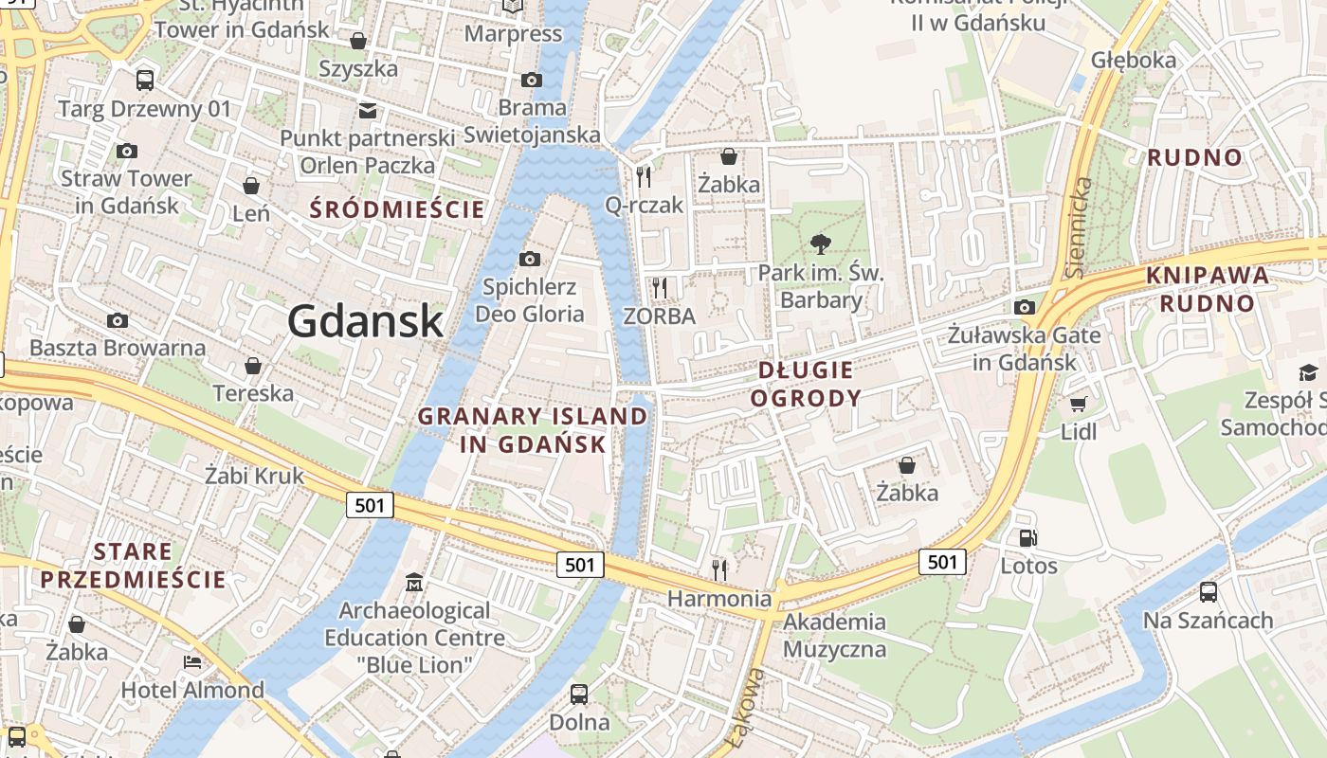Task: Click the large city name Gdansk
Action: pyautogui.click(x=366, y=320)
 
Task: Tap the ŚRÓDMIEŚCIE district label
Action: pyautogui.click(x=398, y=209)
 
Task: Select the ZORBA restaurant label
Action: pyautogui.click(x=660, y=316)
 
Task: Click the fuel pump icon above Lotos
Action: pyautogui.click(x=1028, y=538)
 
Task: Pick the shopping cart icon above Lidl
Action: pyautogui.click(x=1078, y=405)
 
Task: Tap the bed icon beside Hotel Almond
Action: pyautogui.click(x=192, y=661)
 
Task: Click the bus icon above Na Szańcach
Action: pyautogui.click(x=1208, y=592)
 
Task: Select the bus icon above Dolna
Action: pyautogui.click(x=579, y=694)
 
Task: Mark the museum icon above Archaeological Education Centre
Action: pyautogui.click(x=414, y=581)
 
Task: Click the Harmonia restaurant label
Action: pyautogui.click(x=719, y=599)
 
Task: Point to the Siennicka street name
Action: pyautogui.click(x=1078, y=227)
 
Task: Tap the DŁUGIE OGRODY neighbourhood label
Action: pyautogui.click(x=805, y=384)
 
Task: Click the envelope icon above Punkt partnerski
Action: pyautogui.click(x=368, y=111)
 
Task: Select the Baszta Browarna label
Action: pyautogui.click(x=118, y=348)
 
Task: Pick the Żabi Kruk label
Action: pyautogui.click(x=255, y=475)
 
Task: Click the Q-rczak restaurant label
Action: pyautogui.click(x=644, y=205)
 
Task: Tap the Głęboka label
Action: pyautogui.click(x=1134, y=60)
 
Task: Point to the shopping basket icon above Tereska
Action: pyautogui.click(x=253, y=365)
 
